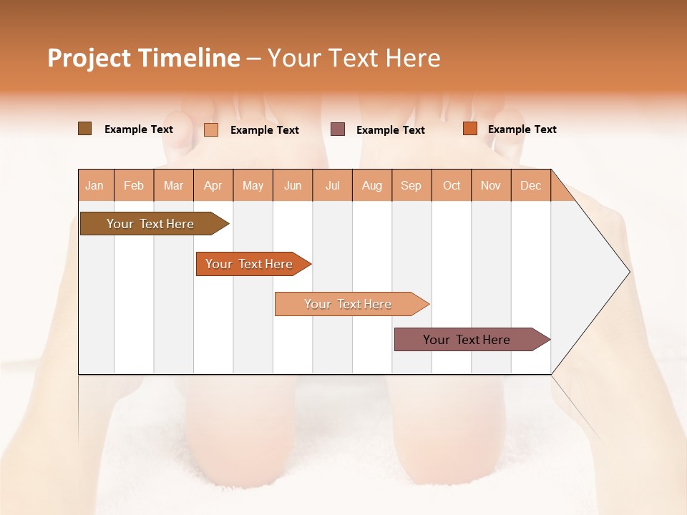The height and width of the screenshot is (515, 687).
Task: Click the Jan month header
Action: [95, 185]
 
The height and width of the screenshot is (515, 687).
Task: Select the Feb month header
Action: [134, 185]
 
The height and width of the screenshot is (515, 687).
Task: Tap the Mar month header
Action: [173, 185]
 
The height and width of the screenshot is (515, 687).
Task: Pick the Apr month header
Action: [213, 185]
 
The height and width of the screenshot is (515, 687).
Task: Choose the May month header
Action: [253, 185]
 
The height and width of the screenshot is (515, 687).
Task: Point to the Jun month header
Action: [293, 185]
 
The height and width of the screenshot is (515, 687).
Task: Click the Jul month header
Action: [332, 185]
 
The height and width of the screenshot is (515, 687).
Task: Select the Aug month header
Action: [372, 185]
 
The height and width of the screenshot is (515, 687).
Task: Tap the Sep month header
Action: [411, 185]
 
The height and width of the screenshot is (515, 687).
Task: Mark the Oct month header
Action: [452, 185]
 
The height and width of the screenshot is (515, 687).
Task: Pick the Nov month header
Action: [491, 185]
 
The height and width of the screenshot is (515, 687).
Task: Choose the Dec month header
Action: [531, 185]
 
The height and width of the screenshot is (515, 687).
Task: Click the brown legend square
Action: [84, 129]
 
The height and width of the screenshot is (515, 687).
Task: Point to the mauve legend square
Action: [338, 129]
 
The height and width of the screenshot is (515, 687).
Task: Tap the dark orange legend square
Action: [469, 129]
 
